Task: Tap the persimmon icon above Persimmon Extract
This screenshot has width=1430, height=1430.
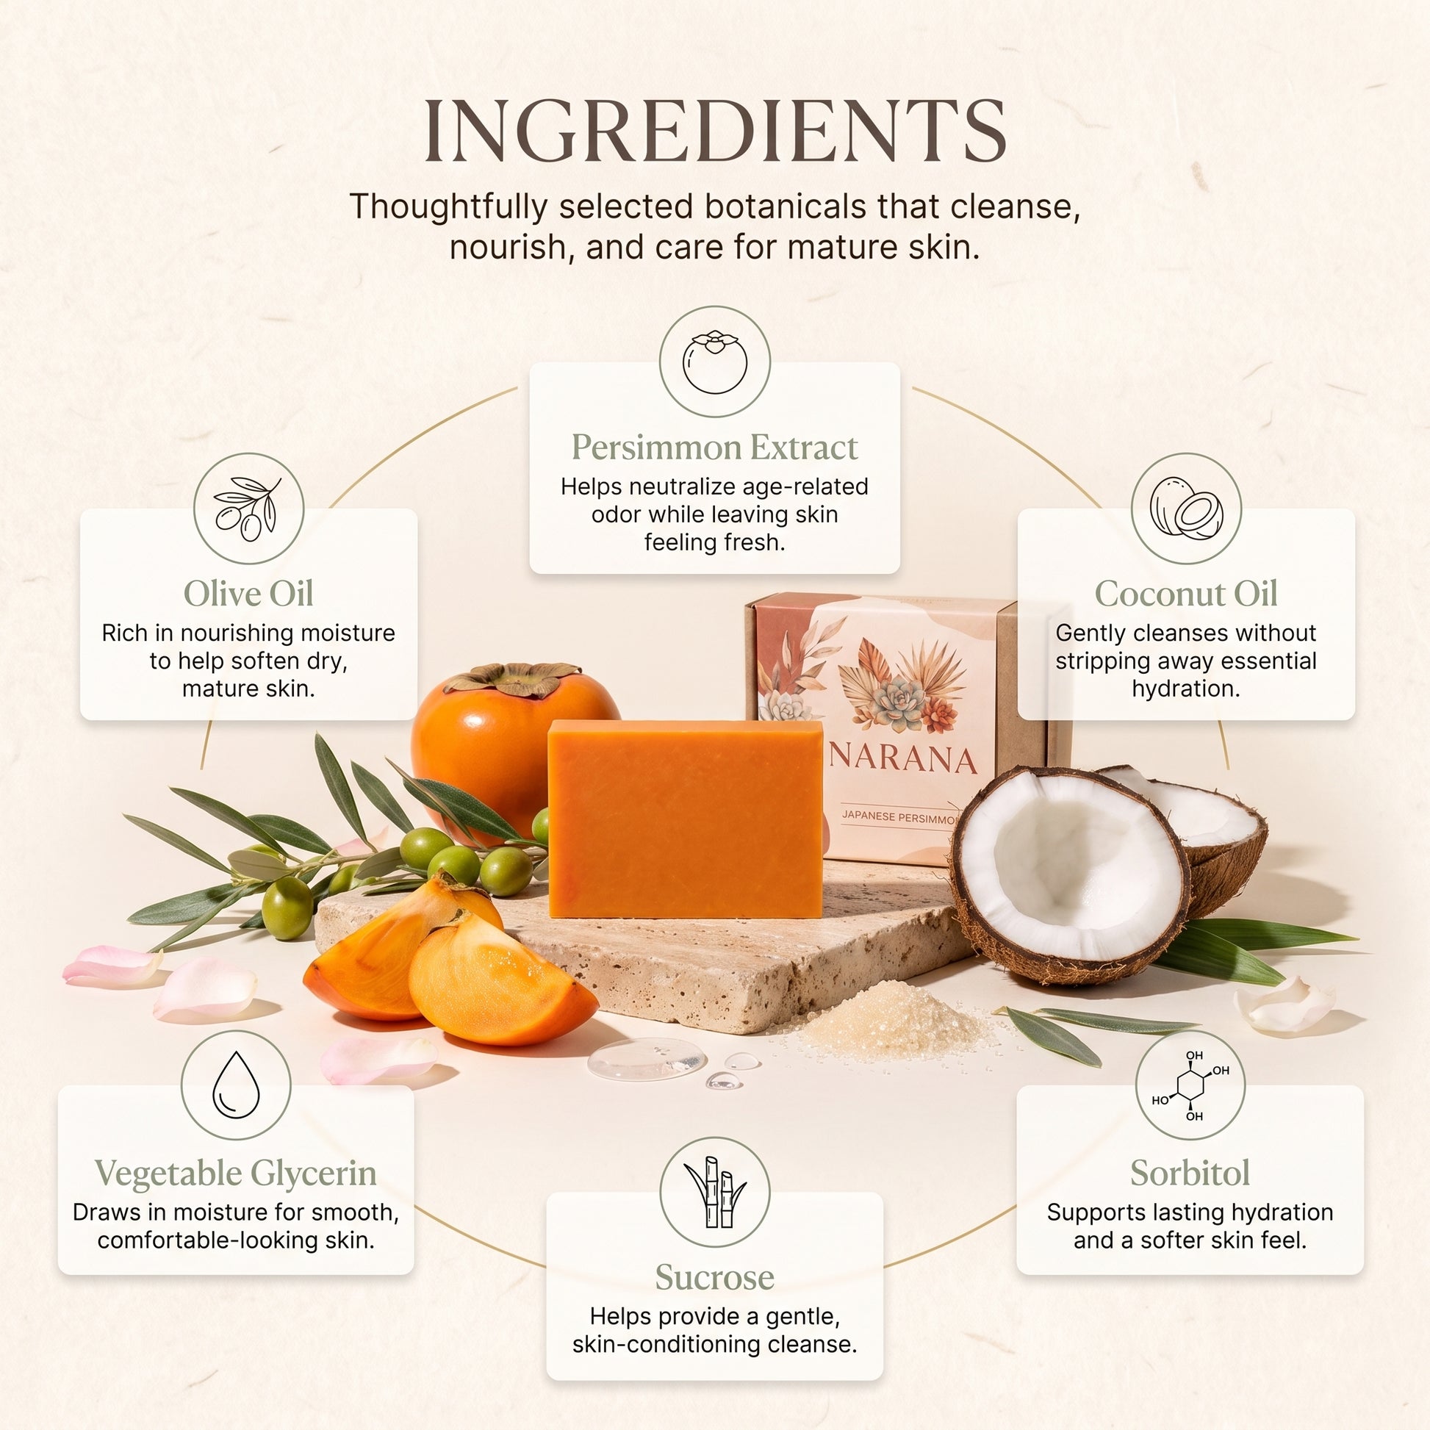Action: [x=714, y=362]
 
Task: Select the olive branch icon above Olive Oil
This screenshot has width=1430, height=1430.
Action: [x=248, y=509]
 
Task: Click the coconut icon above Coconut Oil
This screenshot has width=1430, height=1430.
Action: [x=1186, y=509]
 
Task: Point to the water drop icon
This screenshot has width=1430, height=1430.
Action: [x=236, y=1085]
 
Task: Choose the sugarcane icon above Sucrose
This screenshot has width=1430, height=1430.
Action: [x=714, y=1192]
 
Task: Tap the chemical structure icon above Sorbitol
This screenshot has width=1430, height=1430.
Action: [x=1190, y=1085]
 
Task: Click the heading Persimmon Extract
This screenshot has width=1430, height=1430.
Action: [x=714, y=447]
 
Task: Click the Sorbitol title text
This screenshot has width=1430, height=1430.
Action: [x=1190, y=1172]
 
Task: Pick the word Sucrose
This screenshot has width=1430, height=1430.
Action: [x=714, y=1277]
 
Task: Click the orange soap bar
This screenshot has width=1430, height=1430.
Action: [x=686, y=819]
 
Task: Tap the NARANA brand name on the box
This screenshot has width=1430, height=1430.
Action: [x=903, y=760]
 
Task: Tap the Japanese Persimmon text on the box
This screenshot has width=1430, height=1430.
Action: [x=899, y=817]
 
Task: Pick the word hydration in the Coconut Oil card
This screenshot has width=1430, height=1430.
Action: [x=1186, y=689]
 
